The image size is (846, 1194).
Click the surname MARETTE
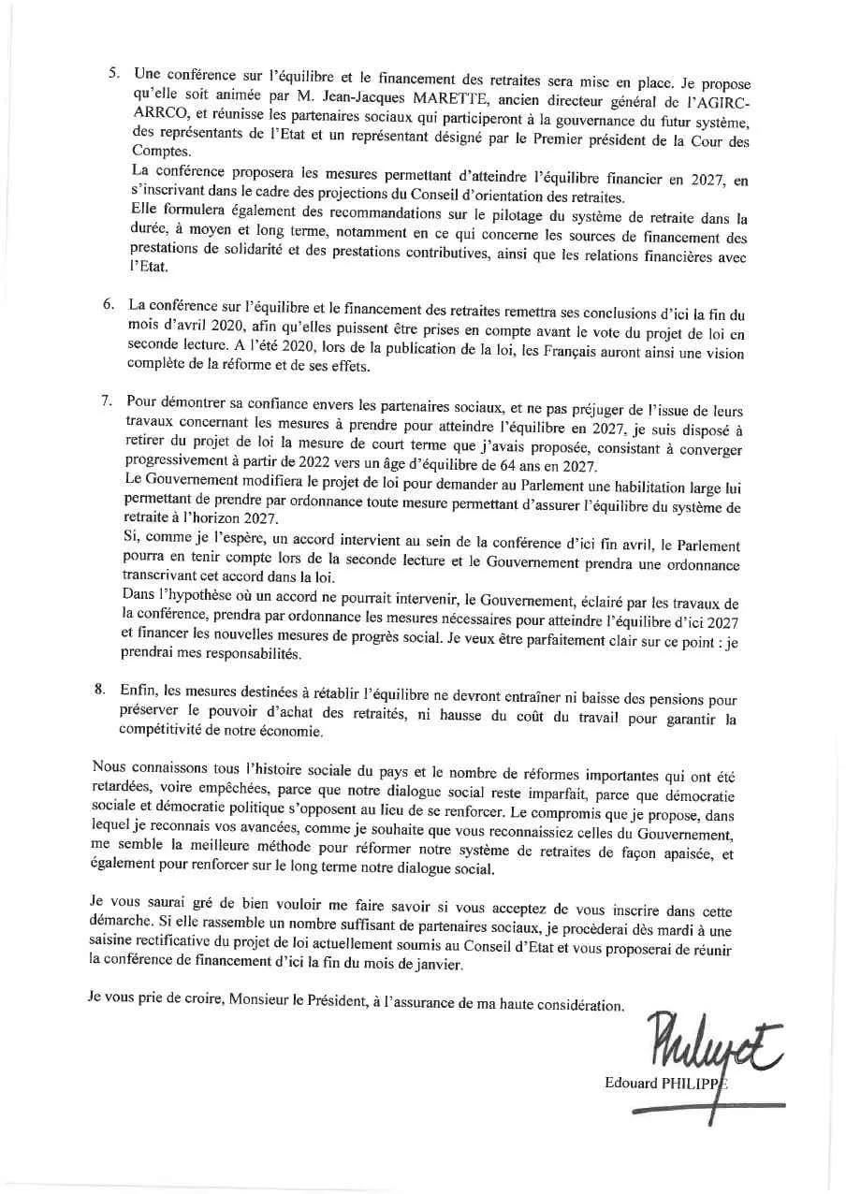coord(383,91)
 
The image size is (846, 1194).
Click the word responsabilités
coord(221,654)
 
